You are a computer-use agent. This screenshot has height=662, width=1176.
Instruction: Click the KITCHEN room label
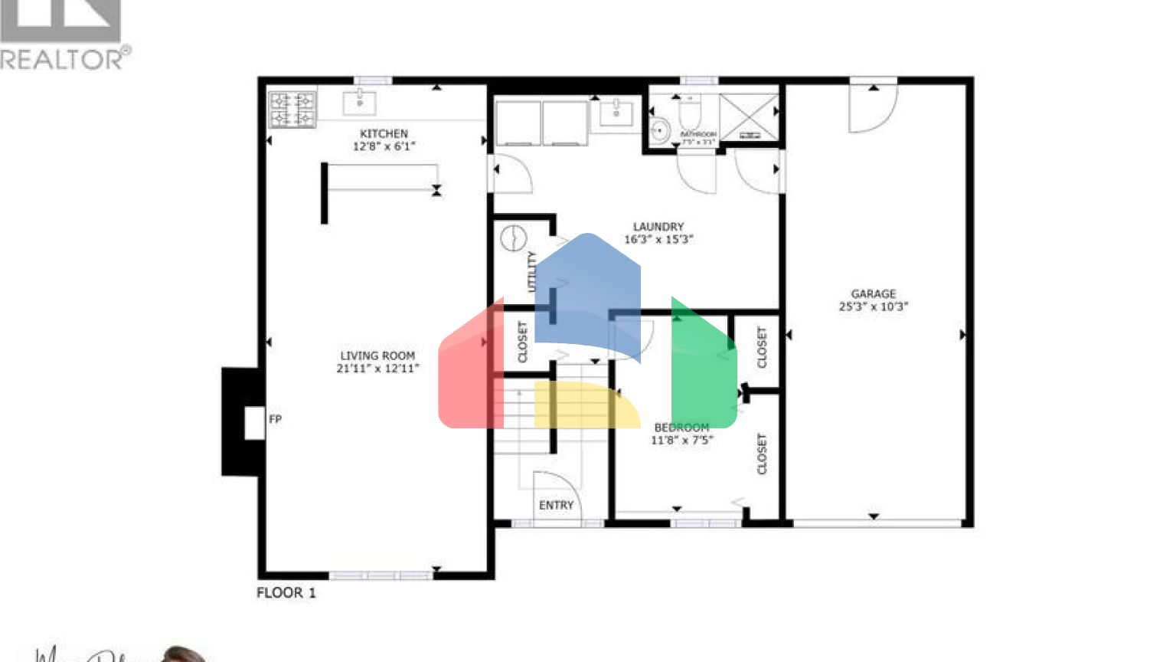[384, 133]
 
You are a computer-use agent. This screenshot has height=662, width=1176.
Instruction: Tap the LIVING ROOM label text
[377, 356]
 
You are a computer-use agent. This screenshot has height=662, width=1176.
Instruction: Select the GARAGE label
[873, 293]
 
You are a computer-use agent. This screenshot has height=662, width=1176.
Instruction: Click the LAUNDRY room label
[658, 227]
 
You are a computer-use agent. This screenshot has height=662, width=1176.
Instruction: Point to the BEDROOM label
[681, 428]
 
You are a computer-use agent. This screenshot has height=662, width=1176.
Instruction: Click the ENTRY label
[556, 505]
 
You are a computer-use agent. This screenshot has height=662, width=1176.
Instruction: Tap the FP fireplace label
[275, 419]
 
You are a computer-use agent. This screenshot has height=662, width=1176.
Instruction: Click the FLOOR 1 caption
[286, 592]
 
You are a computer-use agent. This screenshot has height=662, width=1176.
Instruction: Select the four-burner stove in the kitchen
[292, 109]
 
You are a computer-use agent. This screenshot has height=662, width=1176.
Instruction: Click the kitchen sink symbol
[358, 100]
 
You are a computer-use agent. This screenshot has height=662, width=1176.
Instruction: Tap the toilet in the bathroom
[689, 113]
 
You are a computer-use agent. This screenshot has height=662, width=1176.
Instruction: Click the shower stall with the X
[748, 117]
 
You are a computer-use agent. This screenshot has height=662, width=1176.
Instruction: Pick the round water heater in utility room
[514, 238]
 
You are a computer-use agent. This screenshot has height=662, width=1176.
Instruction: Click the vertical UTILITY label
[531, 271]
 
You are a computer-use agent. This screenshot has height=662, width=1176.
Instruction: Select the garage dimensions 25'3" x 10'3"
[873, 306]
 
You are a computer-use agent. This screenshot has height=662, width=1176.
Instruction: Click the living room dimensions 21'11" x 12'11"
[377, 369]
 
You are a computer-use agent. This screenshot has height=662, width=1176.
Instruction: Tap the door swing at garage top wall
[873, 107]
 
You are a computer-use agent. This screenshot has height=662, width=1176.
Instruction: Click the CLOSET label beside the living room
[523, 342]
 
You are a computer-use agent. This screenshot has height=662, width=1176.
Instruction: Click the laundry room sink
[616, 112]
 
